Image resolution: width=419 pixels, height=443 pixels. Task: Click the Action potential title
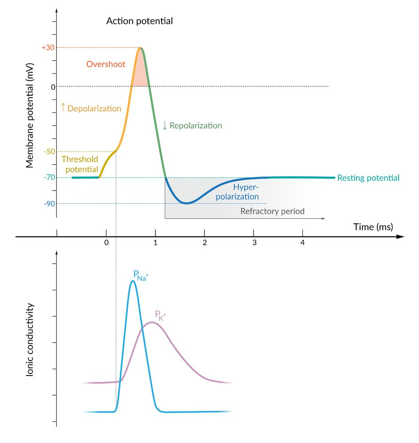click(x=140, y=21)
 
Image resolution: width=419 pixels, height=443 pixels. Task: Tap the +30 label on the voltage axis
click(x=47, y=47)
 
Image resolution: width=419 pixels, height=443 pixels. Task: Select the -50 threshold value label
click(x=49, y=152)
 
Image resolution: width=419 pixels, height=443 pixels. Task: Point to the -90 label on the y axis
click(x=49, y=203)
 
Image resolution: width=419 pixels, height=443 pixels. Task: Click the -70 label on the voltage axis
click(x=49, y=178)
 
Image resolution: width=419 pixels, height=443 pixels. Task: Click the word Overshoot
click(x=106, y=64)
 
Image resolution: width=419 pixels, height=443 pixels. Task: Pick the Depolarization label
click(x=91, y=108)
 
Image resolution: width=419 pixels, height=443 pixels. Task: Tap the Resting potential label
click(x=368, y=178)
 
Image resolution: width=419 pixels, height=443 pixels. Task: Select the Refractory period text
click(x=272, y=211)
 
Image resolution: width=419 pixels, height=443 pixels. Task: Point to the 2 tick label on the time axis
click(x=205, y=243)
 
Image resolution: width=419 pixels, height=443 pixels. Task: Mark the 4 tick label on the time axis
click(x=303, y=243)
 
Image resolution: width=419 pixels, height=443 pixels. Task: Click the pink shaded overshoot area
click(x=140, y=75)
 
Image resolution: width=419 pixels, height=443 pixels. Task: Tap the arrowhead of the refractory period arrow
click(x=324, y=219)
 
